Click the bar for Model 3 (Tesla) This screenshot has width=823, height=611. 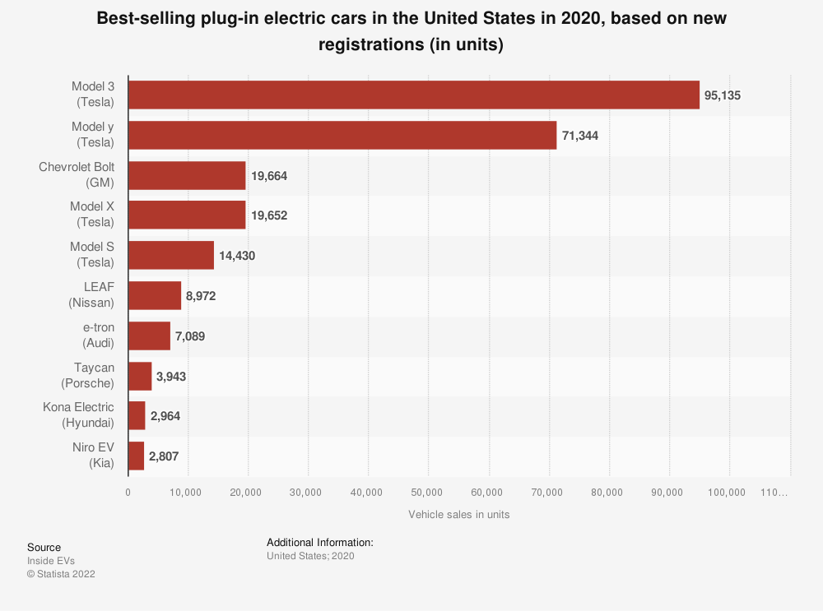[413, 95]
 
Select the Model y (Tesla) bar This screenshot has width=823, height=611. [342, 135]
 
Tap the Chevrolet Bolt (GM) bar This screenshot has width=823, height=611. [187, 175]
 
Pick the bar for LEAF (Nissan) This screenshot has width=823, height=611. [154, 295]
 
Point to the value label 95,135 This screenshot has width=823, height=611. [723, 95]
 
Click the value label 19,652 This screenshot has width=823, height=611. [269, 215]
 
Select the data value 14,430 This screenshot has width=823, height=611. [237, 256]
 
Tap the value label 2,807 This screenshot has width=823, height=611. [164, 456]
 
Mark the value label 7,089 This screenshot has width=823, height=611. [190, 336]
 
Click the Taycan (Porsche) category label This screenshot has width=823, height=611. [88, 376]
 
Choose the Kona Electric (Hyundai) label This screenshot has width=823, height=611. [79, 415]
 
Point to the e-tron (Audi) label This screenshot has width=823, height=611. [93, 336]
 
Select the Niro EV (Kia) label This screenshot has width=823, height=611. [93, 456]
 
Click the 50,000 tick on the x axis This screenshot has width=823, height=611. [428, 492]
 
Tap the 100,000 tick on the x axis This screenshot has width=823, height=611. [728, 492]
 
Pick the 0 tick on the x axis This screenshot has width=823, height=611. [128, 492]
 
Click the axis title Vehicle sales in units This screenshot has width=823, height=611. [458, 515]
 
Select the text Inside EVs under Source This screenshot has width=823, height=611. [51, 561]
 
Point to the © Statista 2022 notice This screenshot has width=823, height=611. [61, 574]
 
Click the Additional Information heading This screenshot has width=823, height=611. [320, 543]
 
